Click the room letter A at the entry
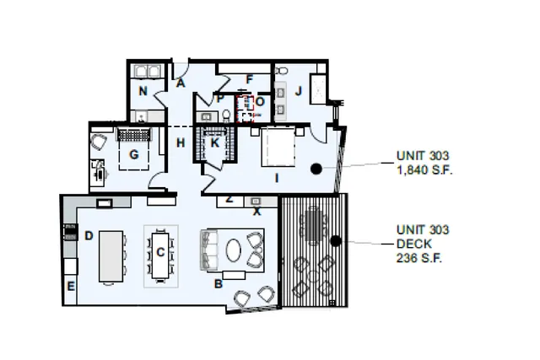click(x=181, y=83)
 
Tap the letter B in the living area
click(x=218, y=284)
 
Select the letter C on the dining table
click(x=159, y=251)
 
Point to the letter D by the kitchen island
click(x=89, y=235)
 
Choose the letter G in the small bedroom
click(x=133, y=153)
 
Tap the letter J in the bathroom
click(x=298, y=90)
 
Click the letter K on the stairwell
click(x=215, y=143)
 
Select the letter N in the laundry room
click(x=143, y=90)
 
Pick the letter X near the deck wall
click(x=257, y=212)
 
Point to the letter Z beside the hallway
click(x=229, y=200)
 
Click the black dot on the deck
click(x=335, y=241)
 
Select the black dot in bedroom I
click(x=316, y=169)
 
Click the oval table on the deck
click(x=314, y=225)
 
